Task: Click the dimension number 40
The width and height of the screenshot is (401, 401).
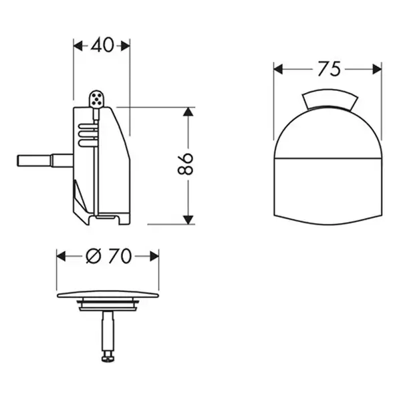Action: tap(102, 45)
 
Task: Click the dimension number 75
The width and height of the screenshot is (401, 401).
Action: tap(329, 69)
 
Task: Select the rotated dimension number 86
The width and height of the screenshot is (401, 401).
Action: tap(185, 164)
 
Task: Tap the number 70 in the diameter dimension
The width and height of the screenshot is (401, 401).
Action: tap(120, 256)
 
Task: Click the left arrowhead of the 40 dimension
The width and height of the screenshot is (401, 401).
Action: tap(78, 46)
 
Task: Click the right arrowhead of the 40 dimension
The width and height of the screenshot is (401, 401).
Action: tap(126, 46)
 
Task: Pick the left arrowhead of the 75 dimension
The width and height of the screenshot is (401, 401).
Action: tap(278, 70)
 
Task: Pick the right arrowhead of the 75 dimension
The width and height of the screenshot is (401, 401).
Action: tap(377, 70)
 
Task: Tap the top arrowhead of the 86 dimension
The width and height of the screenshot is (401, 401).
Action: tap(188, 112)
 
